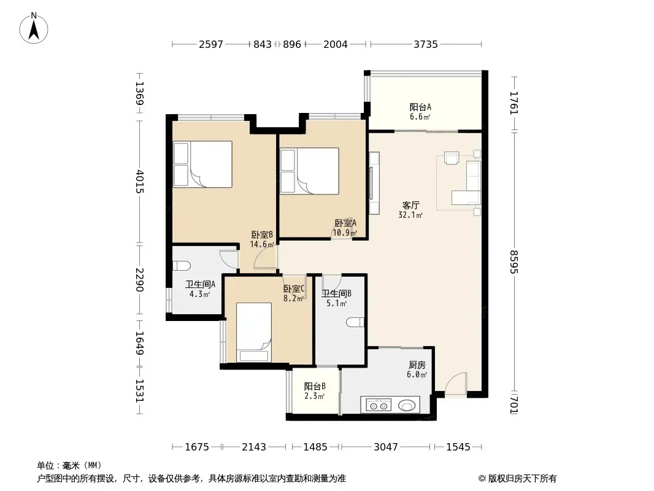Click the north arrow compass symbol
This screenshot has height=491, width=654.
pyautogui.click(x=34, y=28)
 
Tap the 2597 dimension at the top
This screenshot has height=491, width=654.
pyautogui.click(x=211, y=44)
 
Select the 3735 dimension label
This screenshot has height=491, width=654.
pyautogui.click(x=425, y=44)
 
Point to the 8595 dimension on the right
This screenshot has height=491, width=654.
pyautogui.click(x=514, y=261)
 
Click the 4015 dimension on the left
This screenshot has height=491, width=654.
pyautogui.click(x=139, y=182)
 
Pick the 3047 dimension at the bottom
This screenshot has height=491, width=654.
pyautogui.click(x=385, y=447)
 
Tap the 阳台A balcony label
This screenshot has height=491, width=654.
pyautogui.click(x=420, y=107)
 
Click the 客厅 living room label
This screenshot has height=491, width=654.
pyautogui.click(x=411, y=205)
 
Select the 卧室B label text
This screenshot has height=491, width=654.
pyautogui.click(x=262, y=235)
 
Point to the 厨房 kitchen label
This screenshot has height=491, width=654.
pyautogui.click(x=417, y=365)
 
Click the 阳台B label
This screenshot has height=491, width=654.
pyautogui.click(x=315, y=386)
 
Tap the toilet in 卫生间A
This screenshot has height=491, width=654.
pyautogui.click(x=182, y=266)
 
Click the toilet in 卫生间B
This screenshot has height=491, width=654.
pyautogui.click(x=355, y=322)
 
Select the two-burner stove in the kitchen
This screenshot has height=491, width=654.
pyautogui.click(x=379, y=405)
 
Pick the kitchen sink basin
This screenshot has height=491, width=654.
pyautogui.click(x=407, y=405)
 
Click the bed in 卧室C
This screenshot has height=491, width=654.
pyautogui.click(x=254, y=333)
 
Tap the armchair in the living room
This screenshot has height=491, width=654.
pyautogui.click(x=452, y=158)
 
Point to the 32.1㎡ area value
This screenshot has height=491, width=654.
pyautogui.click(x=411, y=215)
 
